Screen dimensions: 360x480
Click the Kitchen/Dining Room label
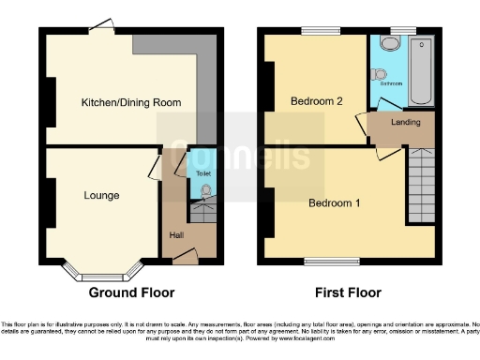pos(130,102)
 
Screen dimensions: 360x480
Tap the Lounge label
pos(101,196)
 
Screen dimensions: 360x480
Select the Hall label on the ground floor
pos(175,234)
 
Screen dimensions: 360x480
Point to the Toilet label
pos(202,173)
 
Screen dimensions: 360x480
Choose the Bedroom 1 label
pos(335,202)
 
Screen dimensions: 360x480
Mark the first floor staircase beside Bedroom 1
pos(420,187)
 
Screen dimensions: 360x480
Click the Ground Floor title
pos(131,292)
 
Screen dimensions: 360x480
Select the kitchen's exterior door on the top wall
pos(104,26)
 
